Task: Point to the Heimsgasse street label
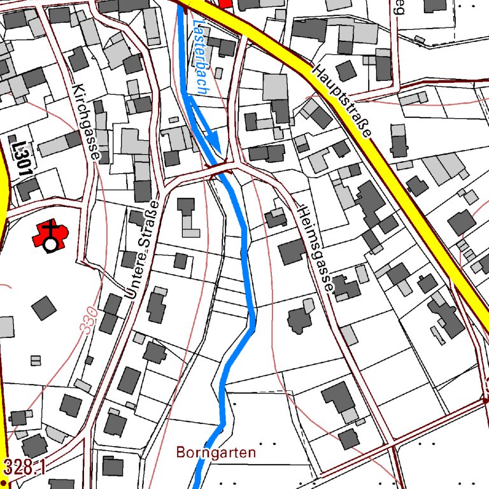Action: point(315,248)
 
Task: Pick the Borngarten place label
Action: point(216,453)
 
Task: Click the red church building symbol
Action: point(50,234)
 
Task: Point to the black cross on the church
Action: point(50,227)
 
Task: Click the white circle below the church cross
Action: point(50,244)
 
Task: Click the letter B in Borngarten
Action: point(180,453)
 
